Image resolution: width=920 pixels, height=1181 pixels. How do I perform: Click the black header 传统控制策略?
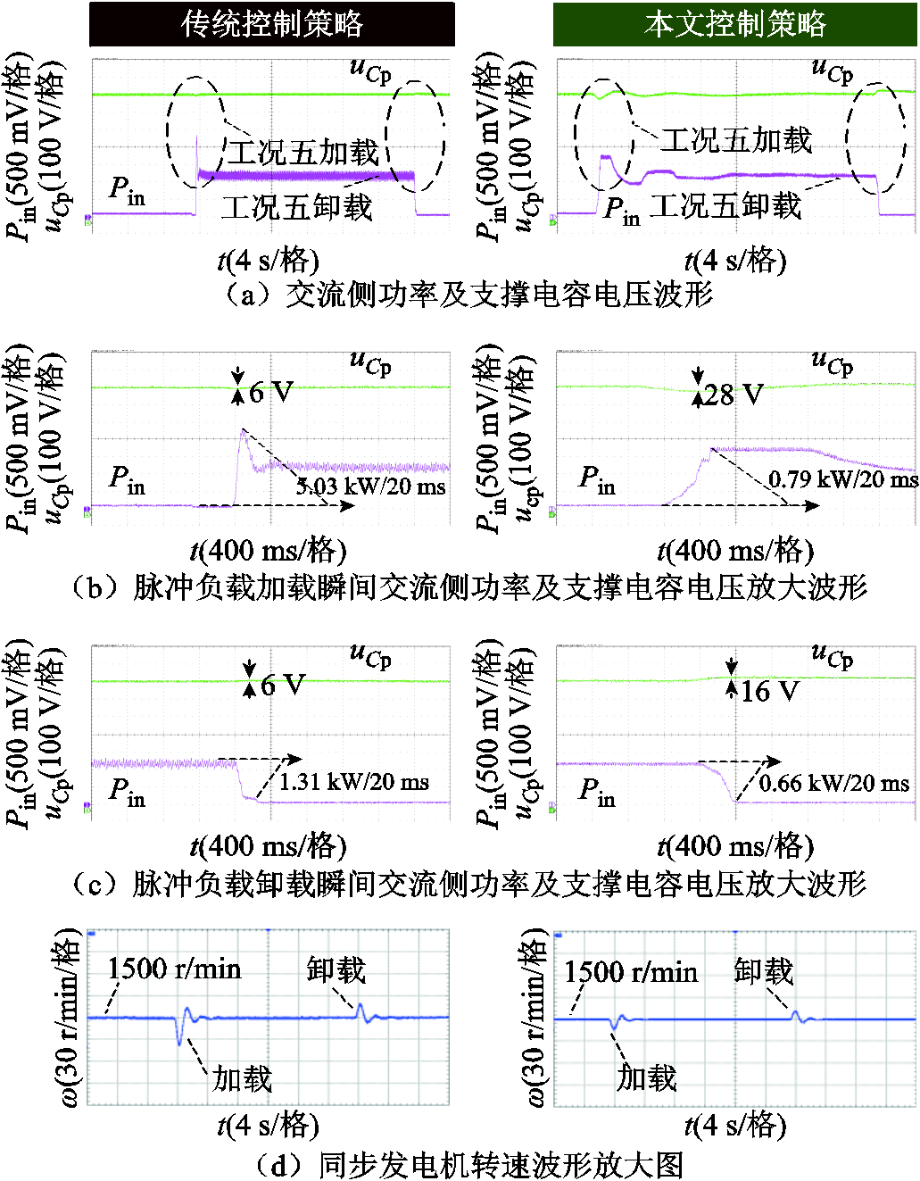coord(271,24)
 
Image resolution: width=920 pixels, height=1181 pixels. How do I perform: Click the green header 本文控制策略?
coord(734,24)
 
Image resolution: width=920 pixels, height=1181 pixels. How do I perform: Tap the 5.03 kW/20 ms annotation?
coord(371,486)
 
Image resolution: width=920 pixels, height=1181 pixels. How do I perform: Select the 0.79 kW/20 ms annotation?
coord(843,478)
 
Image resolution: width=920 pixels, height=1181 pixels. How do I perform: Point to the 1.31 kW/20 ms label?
coord(354,782)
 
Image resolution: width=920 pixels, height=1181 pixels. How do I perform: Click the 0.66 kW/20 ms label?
coord(834,783)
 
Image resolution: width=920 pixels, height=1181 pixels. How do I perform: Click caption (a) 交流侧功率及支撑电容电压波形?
coord(468,295)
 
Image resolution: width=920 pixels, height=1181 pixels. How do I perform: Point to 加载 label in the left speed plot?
coord(242,1078)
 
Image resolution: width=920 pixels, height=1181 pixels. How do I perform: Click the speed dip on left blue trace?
coord(179,1043)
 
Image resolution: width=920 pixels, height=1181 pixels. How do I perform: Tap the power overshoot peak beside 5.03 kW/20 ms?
coord(243,429)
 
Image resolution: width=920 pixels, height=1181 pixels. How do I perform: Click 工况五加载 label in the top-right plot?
coord(735,139)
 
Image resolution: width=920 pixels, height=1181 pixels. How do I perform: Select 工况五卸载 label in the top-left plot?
coord(296,206)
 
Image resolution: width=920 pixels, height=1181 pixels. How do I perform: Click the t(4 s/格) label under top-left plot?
coord(268,262)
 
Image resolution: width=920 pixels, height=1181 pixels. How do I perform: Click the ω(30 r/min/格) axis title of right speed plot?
coord(534,1018)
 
